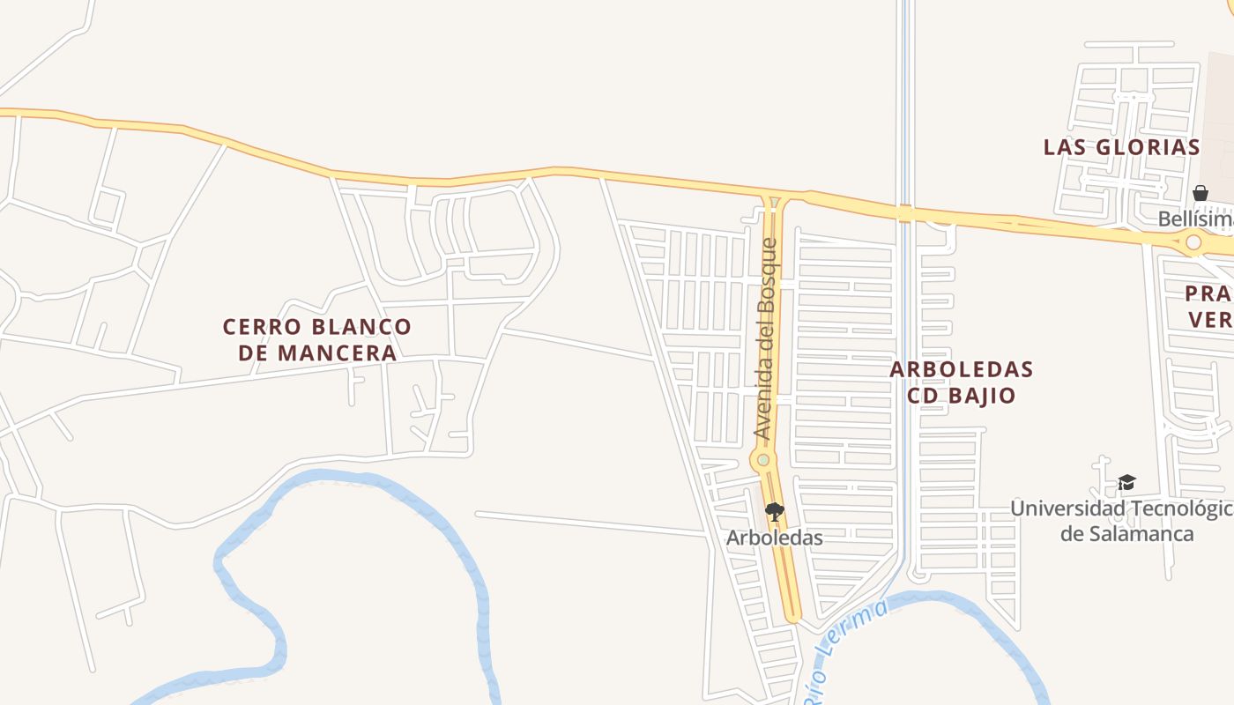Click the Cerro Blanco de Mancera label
click(317, 339)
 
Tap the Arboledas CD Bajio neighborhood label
click(961, 382)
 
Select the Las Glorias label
click(1121, 147)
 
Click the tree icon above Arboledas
click(774, 511)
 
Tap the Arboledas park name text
click(774, 538)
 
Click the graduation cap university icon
click(1126, 482)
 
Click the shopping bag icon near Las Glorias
click(1200, 192)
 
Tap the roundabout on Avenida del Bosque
click(763, 460)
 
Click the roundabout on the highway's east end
click(1193, 241)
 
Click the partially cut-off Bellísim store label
click(1195, 218)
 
